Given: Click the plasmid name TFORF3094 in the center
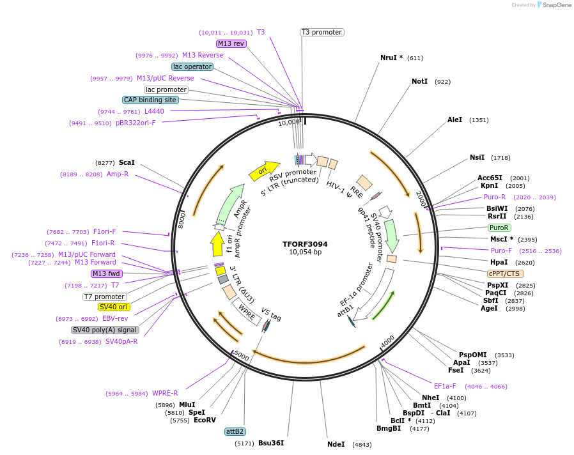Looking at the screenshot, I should click(x=305, y=243).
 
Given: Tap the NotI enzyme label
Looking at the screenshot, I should click(x=419, y=82).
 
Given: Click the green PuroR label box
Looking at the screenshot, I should click(x=499, y=227).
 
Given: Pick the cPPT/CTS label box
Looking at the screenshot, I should click(x=504, y=274).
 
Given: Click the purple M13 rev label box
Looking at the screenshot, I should click(x=231, y=43).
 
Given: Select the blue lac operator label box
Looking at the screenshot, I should click(x=192, y=66).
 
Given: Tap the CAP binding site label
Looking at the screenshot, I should click(x=150, y=100).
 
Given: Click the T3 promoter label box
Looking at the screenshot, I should click(x=322, y=32).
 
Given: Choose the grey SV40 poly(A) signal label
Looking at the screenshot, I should click(x=105, y=330).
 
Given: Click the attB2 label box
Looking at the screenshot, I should click(x=235, y=431).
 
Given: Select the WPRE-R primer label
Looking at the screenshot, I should click(x=164, y=393).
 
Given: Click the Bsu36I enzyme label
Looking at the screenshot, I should click(x=271, y=443).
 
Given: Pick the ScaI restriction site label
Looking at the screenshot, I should click(x=127, y=163).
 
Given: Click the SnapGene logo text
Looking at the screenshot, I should click(x=556, y=5).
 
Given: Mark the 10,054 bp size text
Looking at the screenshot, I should click(x=305, y=252).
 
